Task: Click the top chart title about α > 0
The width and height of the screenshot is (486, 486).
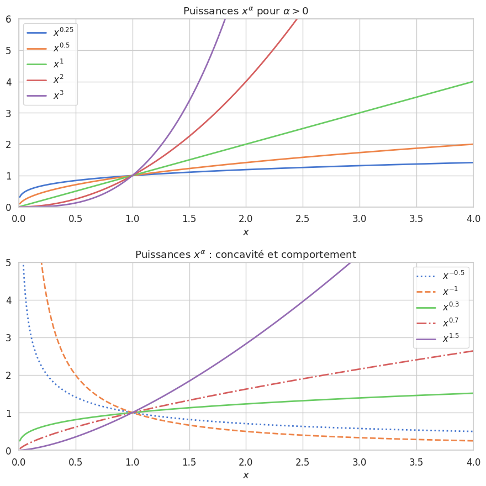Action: pyautogui.click(x=246, y=11)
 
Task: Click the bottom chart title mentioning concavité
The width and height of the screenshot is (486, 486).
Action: pyautogui.click(x=246, y=255)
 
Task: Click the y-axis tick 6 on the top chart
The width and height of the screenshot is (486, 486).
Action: pyautogui.click(x=8, y=19)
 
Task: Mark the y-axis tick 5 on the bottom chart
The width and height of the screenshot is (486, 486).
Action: pyautogui.click(x=8, y=263)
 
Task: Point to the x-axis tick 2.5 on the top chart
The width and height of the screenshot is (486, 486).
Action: pyautogui.click(x=303, y=219)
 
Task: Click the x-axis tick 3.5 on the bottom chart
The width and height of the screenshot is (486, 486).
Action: pyautogui.click(x=416, y=462)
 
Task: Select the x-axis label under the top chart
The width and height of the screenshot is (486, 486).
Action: pyautogui.click(x=246, y=232)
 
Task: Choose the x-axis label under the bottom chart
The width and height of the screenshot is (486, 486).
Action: pyautogui.click(x=246, y=475)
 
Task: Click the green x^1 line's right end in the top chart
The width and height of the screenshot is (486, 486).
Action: pyautogui.click(x=472, y=82)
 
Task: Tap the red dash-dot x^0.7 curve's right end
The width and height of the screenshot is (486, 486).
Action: pyautogui.click(x=472, y=351)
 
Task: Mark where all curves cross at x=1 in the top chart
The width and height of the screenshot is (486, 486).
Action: pyautogui.click(x=133, y=176)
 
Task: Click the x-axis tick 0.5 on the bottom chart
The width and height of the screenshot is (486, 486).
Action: pyautogui.click(x=76, y=462)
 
